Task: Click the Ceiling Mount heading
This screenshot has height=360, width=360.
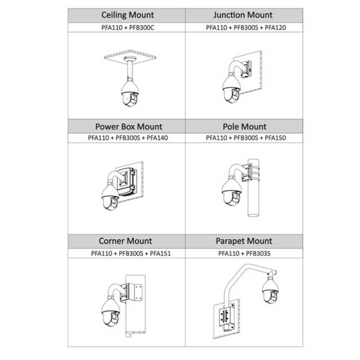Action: pos(127,15)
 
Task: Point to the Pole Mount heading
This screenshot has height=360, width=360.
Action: pos(244,127)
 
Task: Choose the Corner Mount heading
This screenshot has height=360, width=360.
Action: pos(128,241)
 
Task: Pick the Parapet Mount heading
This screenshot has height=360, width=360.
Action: pos(244,241)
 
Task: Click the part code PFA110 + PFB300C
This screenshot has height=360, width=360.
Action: pos(127,27)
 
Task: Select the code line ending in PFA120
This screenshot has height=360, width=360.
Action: pos(244,27)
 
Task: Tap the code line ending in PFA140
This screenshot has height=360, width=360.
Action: pos(128,138)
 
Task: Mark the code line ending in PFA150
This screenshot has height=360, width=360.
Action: pos(244,138)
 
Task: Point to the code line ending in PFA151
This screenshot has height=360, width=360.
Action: pos(128,253)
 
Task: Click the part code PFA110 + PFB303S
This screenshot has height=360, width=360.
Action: pos(244,253)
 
